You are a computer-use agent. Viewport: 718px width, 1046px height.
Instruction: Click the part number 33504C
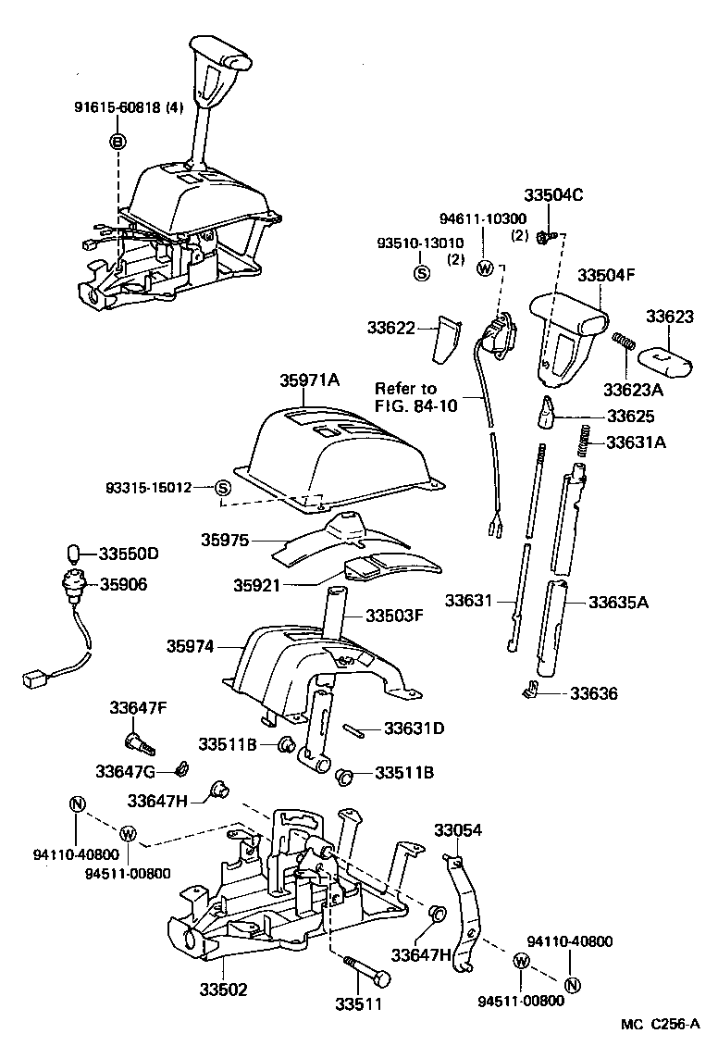[552, 195]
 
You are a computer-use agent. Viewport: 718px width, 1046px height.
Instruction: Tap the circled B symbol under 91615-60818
[118, 142]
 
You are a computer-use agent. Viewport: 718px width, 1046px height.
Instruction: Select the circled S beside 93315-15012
[222, 487]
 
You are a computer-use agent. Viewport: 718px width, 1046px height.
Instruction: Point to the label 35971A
[310, 380]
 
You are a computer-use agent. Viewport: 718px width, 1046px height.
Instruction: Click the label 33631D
[414, 728]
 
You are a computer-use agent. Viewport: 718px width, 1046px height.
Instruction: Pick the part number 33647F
[138, 708]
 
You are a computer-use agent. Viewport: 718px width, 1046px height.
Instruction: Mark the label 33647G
[133, 770]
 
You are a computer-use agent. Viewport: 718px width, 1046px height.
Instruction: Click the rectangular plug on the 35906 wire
[34, 680]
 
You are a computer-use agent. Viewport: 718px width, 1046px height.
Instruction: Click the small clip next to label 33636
[531, 690]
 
